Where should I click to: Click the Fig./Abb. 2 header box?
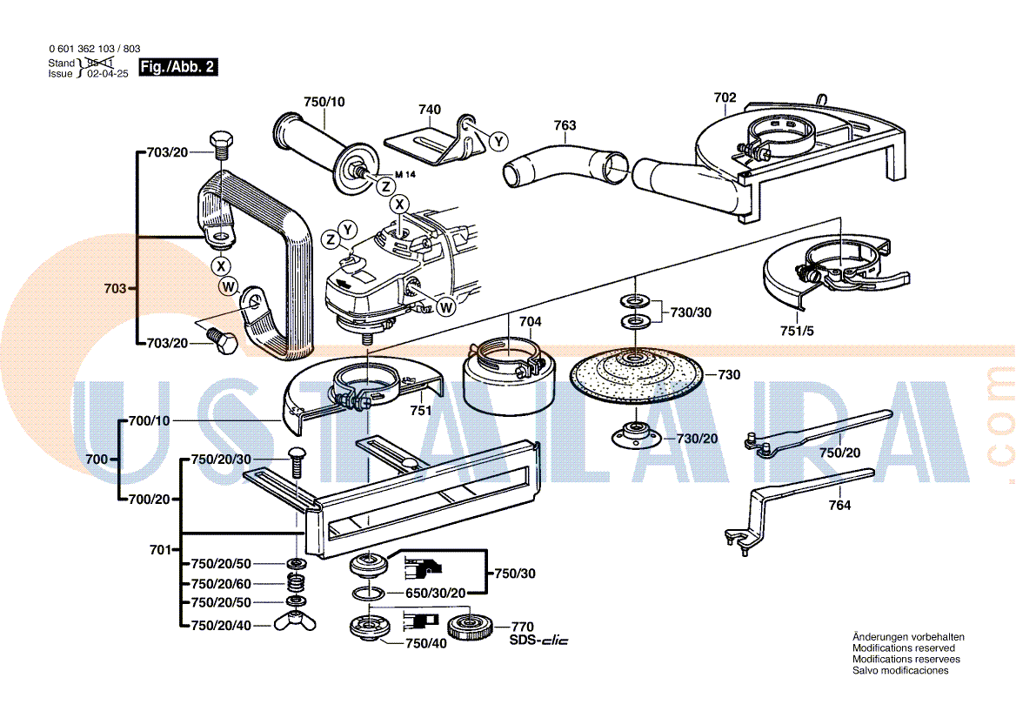click(178, 67)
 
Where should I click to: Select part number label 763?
click(565, 126)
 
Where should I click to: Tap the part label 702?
click(725, 97)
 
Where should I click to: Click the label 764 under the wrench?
click(839, 506)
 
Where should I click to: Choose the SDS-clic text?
click(538, 641)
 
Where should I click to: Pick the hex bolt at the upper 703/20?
click(220, 144)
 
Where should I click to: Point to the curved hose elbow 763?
click(565, 164)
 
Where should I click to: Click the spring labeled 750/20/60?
click(297, 582)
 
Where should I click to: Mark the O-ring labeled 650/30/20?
click(368, 594)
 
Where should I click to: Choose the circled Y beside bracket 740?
click(498, 140)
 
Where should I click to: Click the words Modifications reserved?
click(903, 648)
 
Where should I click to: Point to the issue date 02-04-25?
click(108, 74)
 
